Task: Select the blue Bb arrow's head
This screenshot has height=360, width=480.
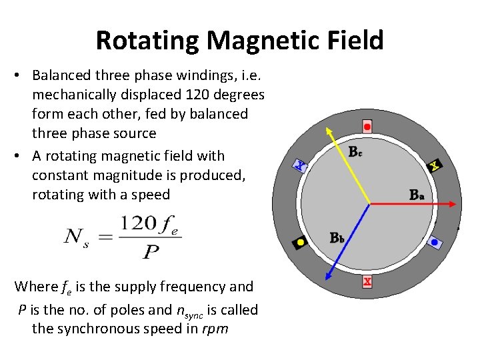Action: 326,277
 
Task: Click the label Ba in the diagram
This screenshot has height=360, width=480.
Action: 416,195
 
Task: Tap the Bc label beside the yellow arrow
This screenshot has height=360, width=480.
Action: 355,151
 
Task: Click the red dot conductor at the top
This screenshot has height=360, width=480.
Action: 367,127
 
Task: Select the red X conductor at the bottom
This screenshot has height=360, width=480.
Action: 367,282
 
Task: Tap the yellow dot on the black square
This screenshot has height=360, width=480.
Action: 301,243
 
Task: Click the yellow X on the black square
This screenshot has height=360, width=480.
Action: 435,165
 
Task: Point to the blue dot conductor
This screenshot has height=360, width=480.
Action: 434,243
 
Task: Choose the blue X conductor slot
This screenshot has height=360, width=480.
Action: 301,165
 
